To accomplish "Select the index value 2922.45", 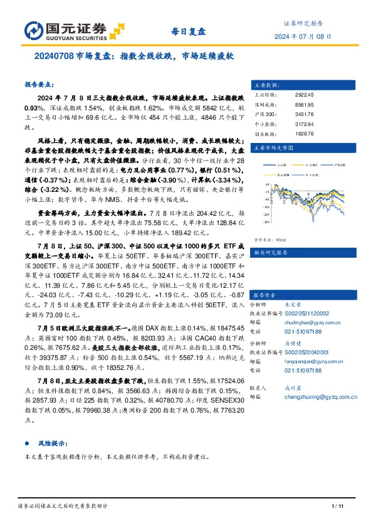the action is tap(303, 94).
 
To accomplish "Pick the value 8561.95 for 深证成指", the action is tap(303, 105).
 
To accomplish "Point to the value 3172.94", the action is tap(303, 125).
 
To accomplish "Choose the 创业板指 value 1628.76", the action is tap(303, 134).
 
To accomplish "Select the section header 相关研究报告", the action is tap(270, 236).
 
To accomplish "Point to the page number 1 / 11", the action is tap(337, 506).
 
